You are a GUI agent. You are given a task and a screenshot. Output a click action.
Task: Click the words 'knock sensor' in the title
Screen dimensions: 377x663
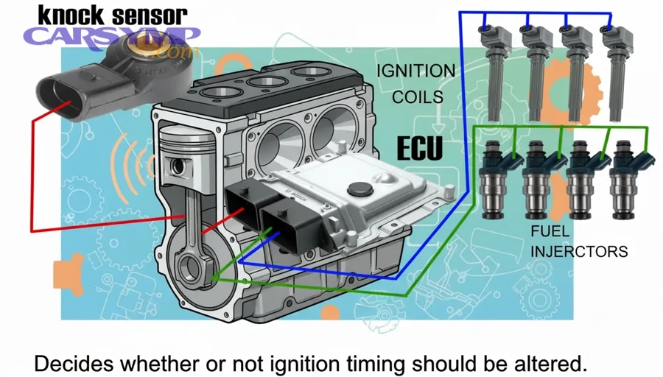(x=112, y=15)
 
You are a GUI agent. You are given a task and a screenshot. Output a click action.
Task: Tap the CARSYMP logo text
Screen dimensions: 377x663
(x=110, y=37)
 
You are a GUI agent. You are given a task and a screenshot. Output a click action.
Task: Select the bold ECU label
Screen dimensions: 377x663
(x=420, y=148)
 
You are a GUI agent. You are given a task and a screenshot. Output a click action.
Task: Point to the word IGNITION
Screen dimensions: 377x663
(x=415, y=71)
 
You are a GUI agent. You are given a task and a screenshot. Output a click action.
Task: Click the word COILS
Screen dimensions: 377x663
(x=417, y=97)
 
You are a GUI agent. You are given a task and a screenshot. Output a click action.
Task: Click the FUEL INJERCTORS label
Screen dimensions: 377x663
(x=579, y=242)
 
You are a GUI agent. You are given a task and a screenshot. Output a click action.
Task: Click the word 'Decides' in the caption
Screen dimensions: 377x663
(x=68, y=363)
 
